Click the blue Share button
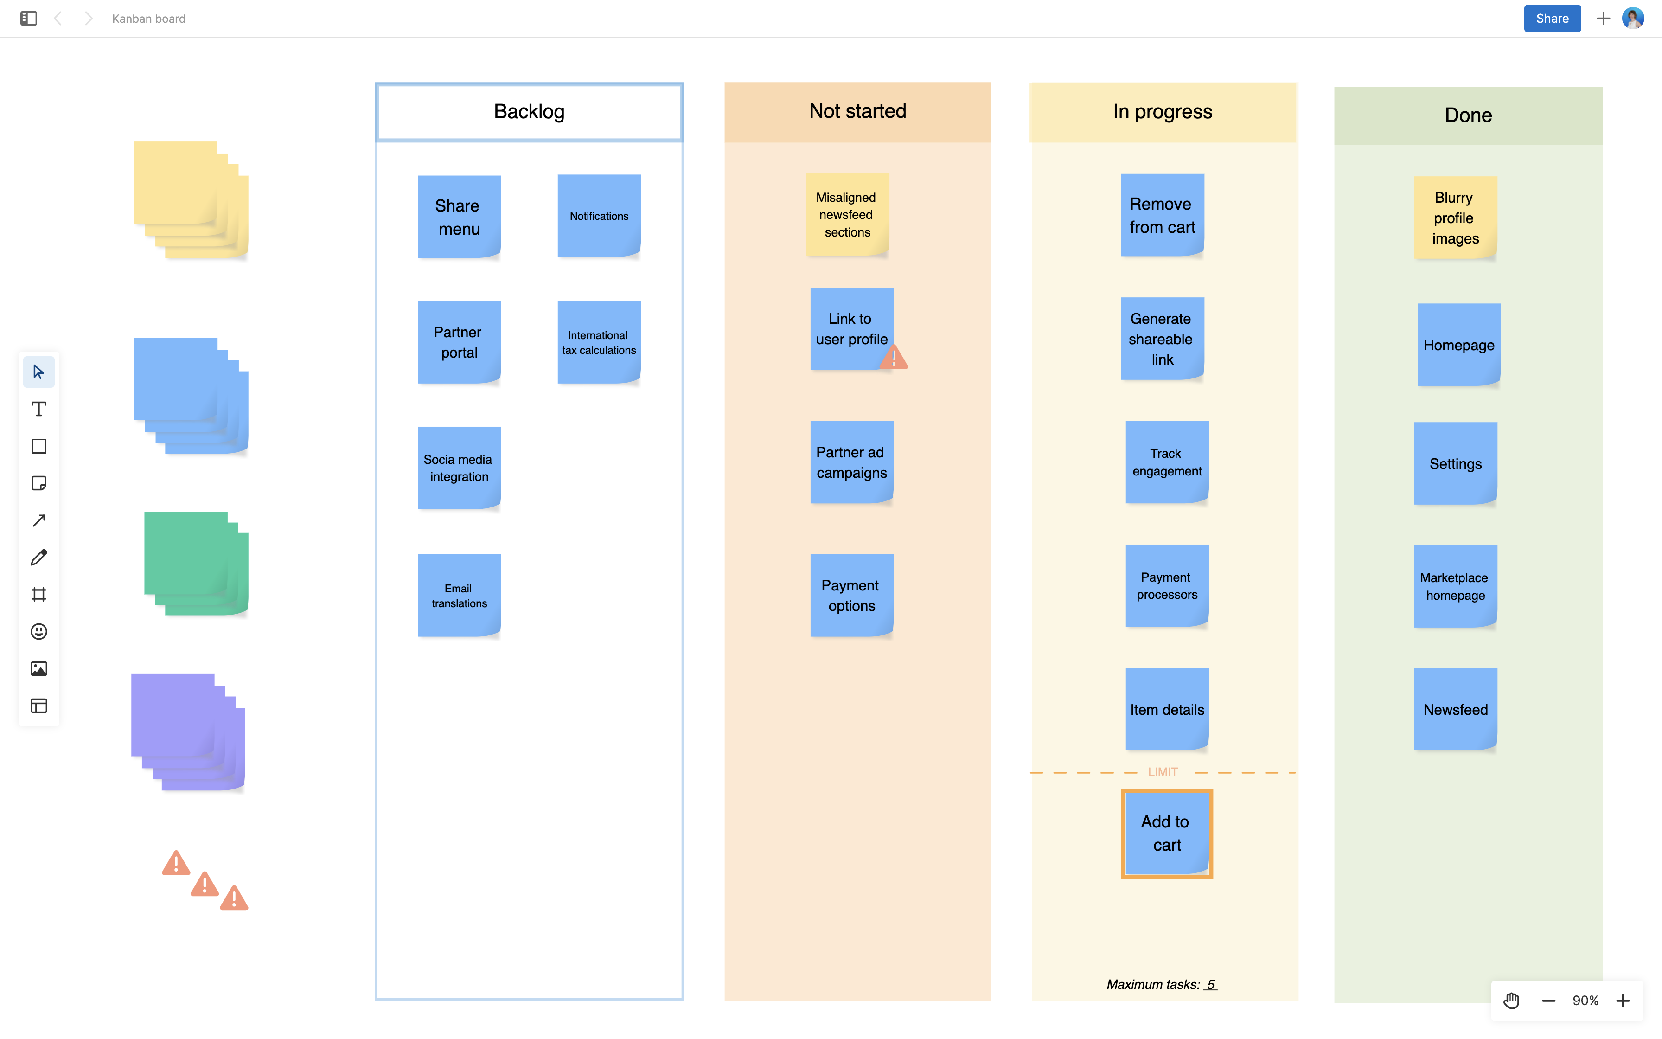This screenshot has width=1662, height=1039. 1552,19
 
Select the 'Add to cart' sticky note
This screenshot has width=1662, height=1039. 1166,833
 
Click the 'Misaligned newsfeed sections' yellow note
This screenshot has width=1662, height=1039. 847,214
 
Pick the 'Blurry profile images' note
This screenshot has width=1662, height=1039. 1455,218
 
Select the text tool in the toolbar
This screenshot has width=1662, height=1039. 39,409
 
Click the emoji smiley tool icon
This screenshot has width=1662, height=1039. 39,631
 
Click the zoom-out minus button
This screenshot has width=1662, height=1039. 1548,1001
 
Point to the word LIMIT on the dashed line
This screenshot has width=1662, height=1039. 1162,772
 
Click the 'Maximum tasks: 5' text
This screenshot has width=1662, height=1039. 1161,984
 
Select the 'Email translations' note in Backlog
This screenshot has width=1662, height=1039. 459,595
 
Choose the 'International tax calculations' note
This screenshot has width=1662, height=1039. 598,342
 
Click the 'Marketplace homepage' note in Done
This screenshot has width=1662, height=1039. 1455,586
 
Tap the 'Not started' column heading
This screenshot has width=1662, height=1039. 857,111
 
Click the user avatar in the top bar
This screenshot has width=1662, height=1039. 1632,19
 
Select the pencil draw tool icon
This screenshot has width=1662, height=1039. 39,557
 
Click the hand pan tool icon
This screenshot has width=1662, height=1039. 1511,1001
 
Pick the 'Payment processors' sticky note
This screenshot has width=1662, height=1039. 1166,585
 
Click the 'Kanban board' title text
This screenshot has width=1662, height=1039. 148,19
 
